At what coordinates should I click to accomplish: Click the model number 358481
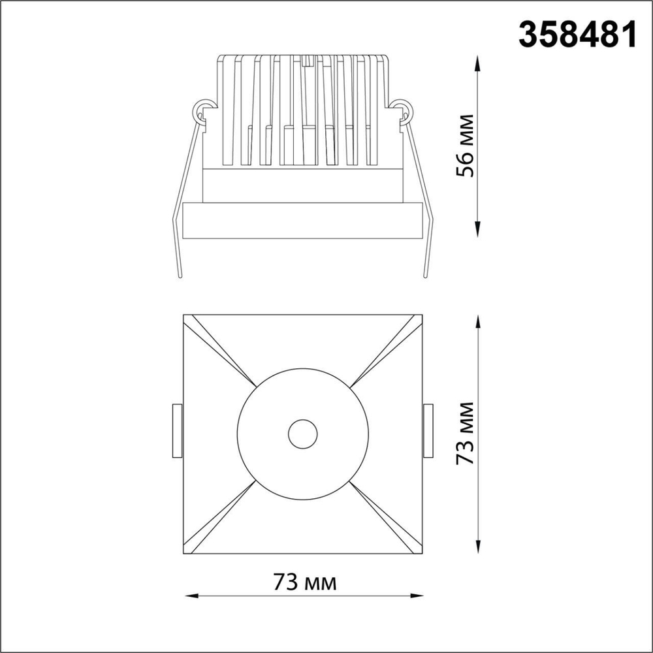coord(577,33)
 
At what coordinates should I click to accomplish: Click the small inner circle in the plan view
coord(302,434)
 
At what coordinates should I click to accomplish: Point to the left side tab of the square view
coord(176,432)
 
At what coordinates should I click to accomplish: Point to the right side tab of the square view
coord(428,432)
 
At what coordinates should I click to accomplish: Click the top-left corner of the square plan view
coord(183,315)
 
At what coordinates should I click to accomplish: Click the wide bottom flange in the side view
coord(302,221)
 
